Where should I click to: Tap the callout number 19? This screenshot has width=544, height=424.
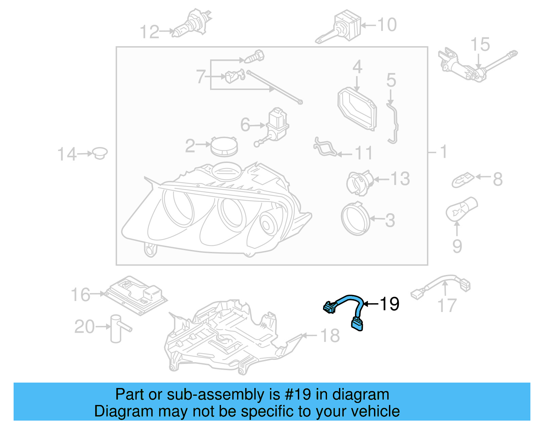pos(389,304)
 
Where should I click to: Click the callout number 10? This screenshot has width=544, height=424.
pos(387,25)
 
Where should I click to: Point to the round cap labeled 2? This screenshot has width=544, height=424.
pos(224,147)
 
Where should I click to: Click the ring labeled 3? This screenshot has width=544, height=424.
pos(355,219)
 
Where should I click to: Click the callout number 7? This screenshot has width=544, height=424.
pos(201,77)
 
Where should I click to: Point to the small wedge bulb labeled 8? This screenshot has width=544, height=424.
pos(463,180)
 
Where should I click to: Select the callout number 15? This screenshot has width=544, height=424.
pos(480,45)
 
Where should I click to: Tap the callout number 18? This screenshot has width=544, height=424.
pos(330,336)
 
